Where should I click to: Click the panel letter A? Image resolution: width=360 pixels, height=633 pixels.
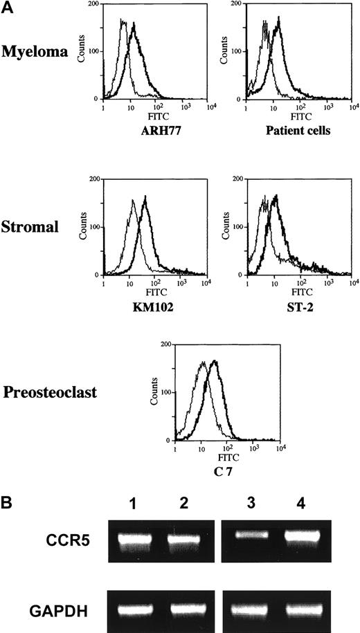(6, 6)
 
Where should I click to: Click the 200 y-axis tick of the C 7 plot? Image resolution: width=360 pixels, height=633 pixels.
(165, 343)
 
